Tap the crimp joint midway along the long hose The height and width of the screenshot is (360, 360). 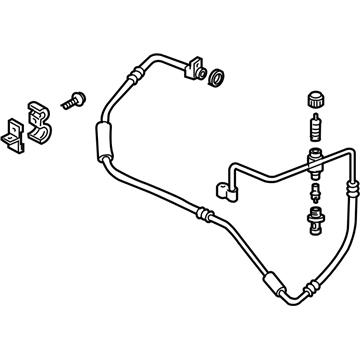point(205,212)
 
